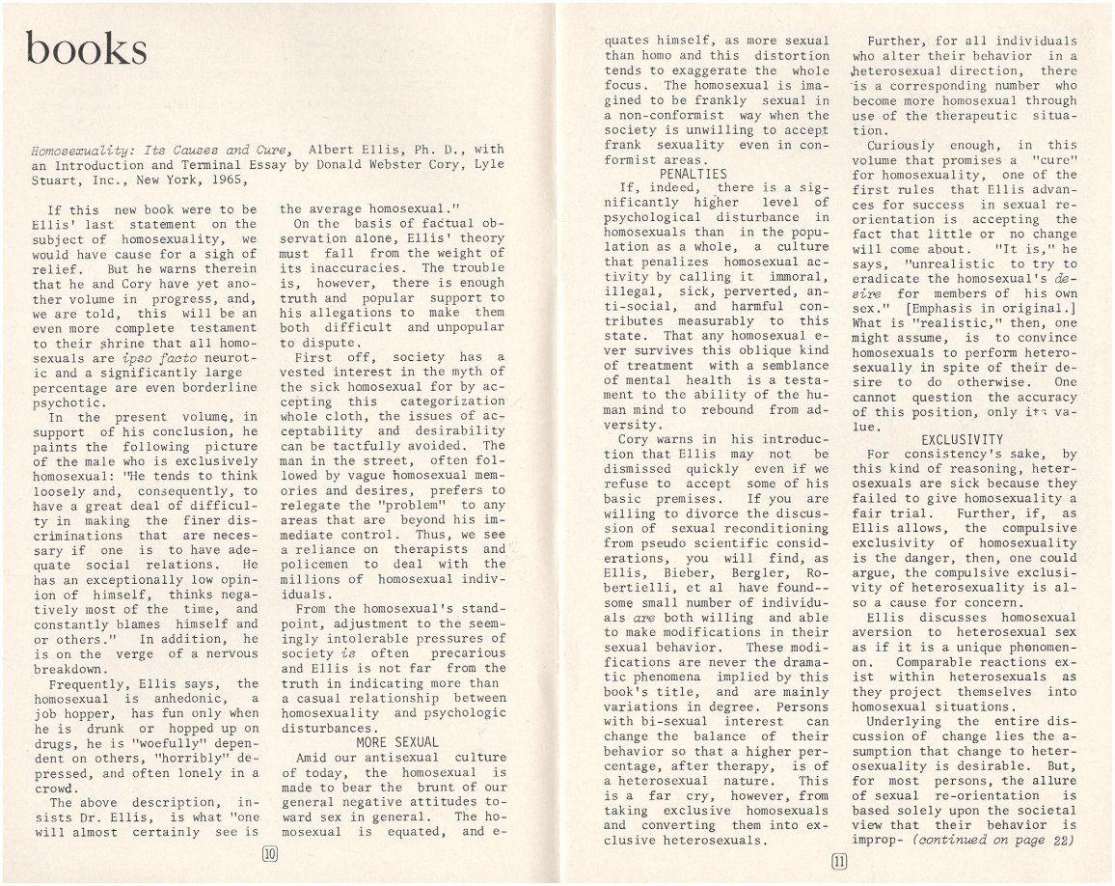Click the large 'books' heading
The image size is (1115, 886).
click(x=88, y=48)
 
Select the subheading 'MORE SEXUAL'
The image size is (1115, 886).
click(x=397, y=742)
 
